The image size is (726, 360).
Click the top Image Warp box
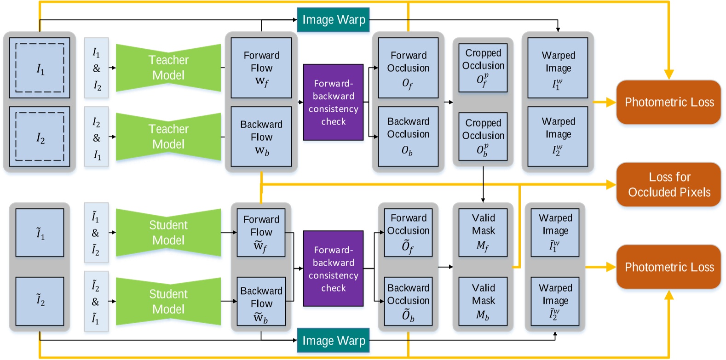tap(333, 20)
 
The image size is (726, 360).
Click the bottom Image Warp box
tap(333, 340)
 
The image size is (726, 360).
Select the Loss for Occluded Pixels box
tap(668, 184)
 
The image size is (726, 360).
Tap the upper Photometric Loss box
tap(668, 102)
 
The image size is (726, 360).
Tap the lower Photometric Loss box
tap(668, 267)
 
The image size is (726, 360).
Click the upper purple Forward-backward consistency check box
tap(333, 102)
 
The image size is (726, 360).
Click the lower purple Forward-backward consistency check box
tap(333, 269)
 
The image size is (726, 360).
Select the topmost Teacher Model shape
tap(168, 68)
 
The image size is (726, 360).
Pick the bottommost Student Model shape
tap(168, 302)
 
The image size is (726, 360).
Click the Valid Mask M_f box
tap(483, 232)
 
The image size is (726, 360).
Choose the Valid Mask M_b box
tap(483, 301)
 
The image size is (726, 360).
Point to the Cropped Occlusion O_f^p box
tap(483, 68)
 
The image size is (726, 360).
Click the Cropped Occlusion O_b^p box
tap(483, 137)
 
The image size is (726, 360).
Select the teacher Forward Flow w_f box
tap(261, 68)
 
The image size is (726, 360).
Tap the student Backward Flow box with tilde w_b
tap(261, 301)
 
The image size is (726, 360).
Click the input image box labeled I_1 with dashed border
tap(40, 68)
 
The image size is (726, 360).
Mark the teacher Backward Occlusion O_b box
tap(408, 137)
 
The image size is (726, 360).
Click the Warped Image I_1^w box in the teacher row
tap(558, 68)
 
